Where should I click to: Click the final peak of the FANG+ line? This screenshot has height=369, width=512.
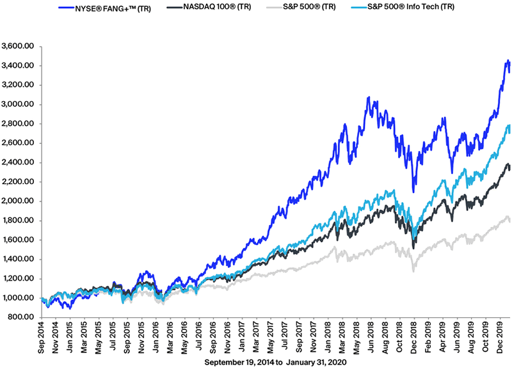pos(508,61)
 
